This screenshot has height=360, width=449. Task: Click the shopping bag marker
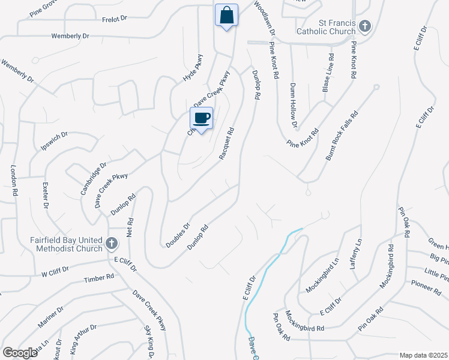point(227,15)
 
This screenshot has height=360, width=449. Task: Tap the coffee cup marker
point(202,118)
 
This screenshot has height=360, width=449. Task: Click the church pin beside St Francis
point(365,26)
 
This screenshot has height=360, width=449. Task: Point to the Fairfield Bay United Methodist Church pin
point(111,244)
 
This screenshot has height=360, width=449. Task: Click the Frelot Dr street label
point(115,19)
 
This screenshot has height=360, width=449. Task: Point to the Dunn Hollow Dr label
point(294,105)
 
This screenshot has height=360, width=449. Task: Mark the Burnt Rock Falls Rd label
point(342,135)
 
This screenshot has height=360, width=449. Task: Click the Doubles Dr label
point(177,235)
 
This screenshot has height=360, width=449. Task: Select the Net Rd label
point(128,226)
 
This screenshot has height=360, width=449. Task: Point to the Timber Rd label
point(99,278)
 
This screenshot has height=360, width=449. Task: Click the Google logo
point(19,353)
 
